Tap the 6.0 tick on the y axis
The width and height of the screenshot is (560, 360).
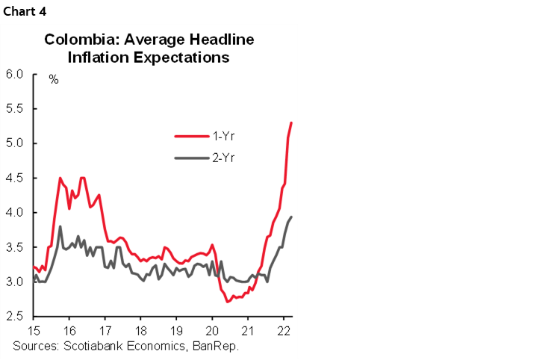click(x=15, y=74)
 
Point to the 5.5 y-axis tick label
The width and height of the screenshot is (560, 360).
click(x=15, y=108)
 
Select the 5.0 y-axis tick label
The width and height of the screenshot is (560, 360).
click(x=15, y=143)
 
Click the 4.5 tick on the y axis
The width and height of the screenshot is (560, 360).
click(x=15, y=178)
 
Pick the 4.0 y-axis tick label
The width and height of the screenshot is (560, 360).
click(x=15, y=213)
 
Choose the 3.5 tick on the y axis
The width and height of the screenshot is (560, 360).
click(x=15, y=247)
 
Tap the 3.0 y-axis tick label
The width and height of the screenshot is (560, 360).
click(x=15, y=282)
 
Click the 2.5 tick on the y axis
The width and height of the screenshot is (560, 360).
click(x=15, y=317)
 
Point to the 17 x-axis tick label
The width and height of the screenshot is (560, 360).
click(x=105, y=331)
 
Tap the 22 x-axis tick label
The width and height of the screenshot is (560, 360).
click(x=284, y=331)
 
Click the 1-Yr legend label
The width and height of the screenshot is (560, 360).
click(x=223, y=136)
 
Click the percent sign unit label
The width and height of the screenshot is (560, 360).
click(x=54, y=79)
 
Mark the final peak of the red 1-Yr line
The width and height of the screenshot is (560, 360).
click(x=291, y=122)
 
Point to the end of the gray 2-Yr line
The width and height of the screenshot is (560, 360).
click(x=291, y=217)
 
